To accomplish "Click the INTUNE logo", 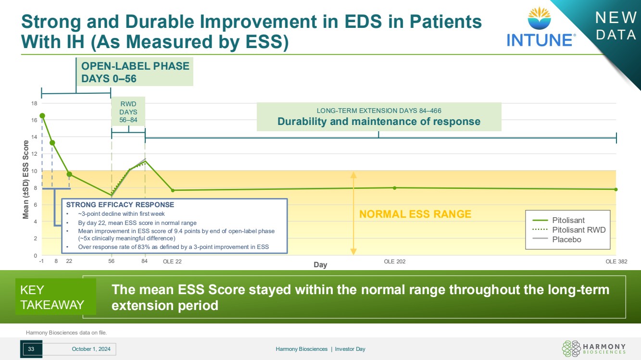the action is (540, 27).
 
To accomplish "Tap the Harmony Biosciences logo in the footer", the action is (594, 348).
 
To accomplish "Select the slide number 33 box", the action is (31, 349).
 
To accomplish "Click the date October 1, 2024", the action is (91, 349).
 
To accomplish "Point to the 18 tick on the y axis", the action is (34, 103).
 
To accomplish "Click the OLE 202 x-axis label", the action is (395, 261).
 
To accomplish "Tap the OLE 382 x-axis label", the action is (616, 261).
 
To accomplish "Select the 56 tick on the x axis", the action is (111, 261).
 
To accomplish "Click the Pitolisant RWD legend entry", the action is (569, 230).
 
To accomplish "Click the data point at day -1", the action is (42, 116).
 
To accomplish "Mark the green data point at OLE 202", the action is (395, 188).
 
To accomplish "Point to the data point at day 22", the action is (69, 174).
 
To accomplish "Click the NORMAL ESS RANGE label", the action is (415, 214).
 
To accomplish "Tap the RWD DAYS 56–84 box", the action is (128, 112).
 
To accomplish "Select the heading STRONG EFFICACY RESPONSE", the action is (120, 205).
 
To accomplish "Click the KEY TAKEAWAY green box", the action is (56, 297).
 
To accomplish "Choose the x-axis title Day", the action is (320, 264).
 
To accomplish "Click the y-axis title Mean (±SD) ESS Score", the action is (26, 180).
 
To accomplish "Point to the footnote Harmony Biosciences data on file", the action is (66, 333).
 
